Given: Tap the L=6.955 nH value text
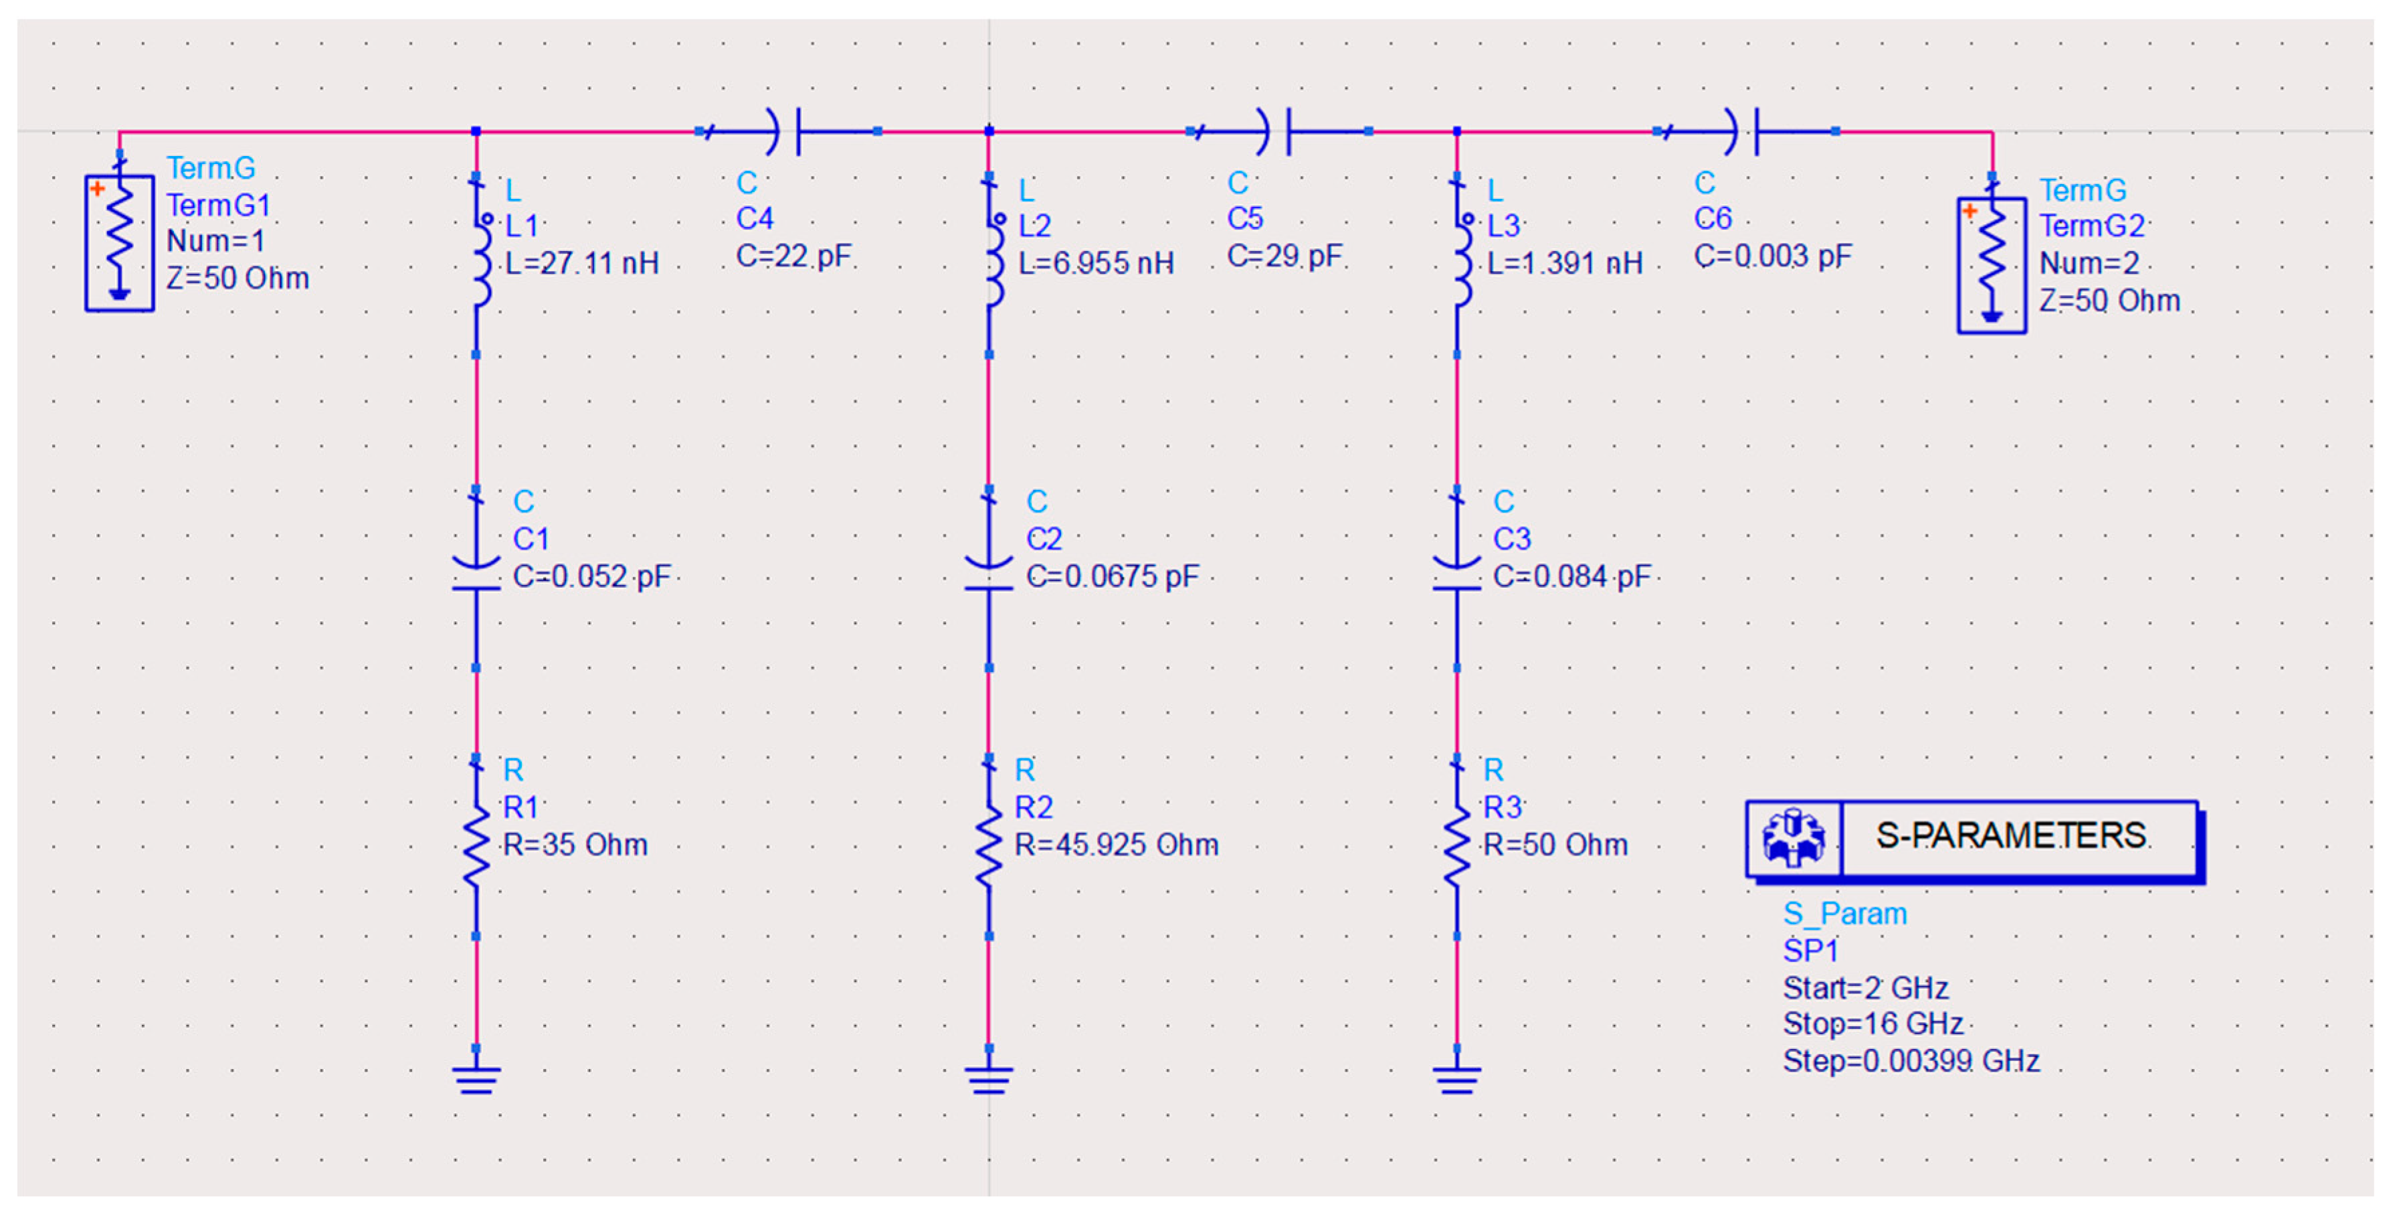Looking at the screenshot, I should [x=1095, y=263].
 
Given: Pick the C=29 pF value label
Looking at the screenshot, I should [x=1284, y=256].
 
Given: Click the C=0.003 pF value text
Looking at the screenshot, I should [x=1771, y=256].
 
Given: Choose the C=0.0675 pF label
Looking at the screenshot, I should [x=1112, y=576].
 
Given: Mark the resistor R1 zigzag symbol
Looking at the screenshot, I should [x=476, y=845].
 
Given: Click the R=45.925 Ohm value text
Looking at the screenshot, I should [x=1116, y=844].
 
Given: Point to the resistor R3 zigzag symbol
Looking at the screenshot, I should [x=1456, y=845].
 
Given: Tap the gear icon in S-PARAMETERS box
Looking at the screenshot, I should [x=1792, y=837].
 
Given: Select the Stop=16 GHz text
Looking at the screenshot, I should [x=1873, y=1024].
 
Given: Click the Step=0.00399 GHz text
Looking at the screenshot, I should [x=1911, y=1061].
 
